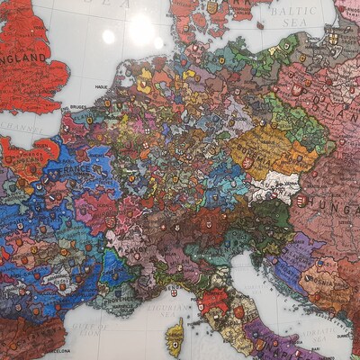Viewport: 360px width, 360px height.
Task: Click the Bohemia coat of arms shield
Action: coord(247,163)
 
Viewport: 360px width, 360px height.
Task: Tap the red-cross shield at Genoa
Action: coord(174,292)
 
